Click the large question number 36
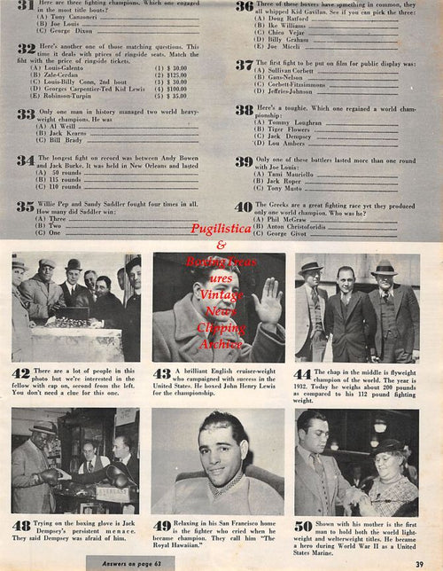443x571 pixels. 245,7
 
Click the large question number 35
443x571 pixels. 26,207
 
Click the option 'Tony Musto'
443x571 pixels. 281,188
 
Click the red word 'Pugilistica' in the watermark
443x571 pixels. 221,229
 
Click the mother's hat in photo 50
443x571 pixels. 391,449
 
